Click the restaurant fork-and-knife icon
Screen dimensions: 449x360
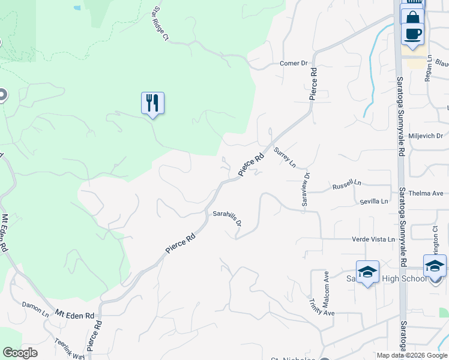click(152, 103)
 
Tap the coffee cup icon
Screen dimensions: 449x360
click(412, 33)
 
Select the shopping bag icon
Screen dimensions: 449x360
click(412, 16)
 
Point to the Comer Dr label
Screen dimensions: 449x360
click(294, 63)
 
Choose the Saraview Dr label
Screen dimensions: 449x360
click(306, 189)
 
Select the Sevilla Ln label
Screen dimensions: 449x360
click(371, 202)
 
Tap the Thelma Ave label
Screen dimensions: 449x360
click(425, 193)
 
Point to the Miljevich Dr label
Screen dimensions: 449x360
click(425, 136)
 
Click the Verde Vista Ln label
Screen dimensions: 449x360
click(373, 239)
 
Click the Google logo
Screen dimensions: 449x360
click(20, 353)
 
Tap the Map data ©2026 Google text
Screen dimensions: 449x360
click(412, 356)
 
